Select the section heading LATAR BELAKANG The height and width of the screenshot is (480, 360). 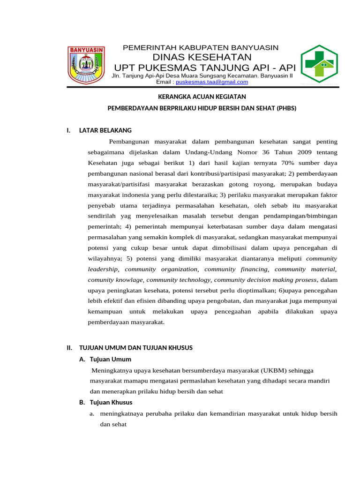pos(105,130)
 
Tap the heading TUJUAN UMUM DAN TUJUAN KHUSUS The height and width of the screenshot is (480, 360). pos(136,348)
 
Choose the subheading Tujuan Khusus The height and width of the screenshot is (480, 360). pos(111,402)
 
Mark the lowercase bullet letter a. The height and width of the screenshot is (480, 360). pos(92,414)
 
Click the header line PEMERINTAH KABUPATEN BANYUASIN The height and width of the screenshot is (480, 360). pos(201,48)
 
